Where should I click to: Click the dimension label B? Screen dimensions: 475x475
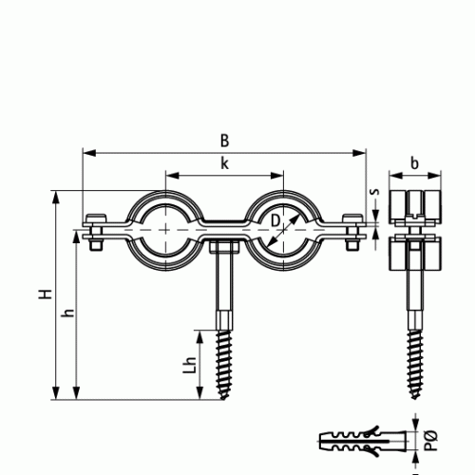point(224,141)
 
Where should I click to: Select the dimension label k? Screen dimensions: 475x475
point(224,163)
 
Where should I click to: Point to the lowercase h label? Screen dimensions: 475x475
point(68,313)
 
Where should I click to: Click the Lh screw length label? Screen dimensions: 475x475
point(190,365)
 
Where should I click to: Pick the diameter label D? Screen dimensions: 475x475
point(275,220)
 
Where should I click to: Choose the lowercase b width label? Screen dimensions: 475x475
point(414,163)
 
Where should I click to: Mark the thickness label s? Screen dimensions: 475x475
point(375,192)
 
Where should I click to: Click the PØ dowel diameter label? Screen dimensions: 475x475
point(430,441)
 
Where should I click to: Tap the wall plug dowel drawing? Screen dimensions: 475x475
point(363,441)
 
